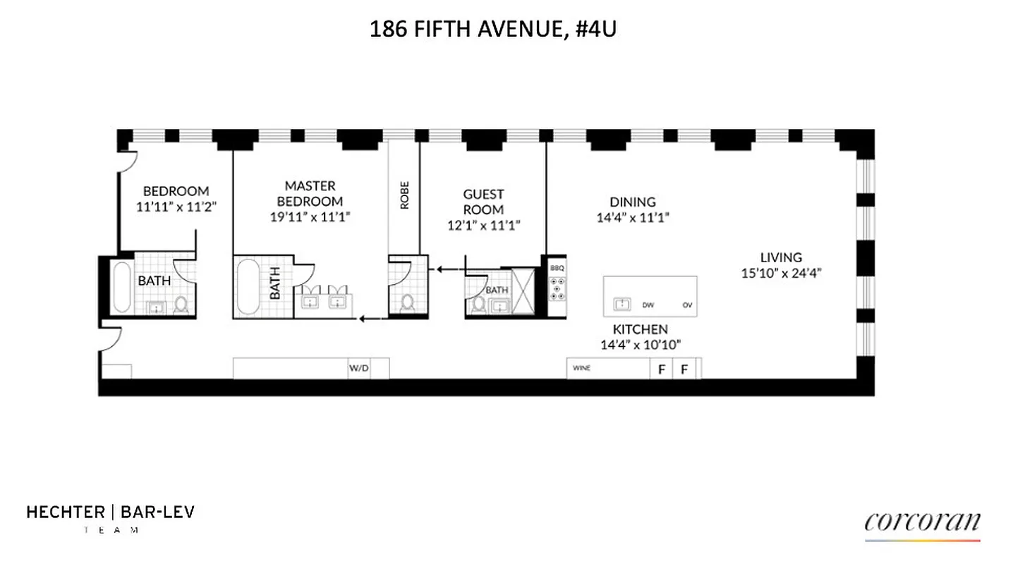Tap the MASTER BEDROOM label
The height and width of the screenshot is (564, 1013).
click(x=310, y=193)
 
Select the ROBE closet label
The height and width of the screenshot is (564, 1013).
click(x=404, y=195)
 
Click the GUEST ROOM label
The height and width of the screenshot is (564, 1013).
click(x=483, y=202)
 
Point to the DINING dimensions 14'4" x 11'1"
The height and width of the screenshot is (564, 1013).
click(x=633, y=218)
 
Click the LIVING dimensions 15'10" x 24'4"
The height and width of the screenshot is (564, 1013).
click(x=780, y=274)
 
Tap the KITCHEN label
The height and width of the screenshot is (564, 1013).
click(x=640, y=329)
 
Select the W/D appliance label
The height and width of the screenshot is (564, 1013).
click(x=358, y=368)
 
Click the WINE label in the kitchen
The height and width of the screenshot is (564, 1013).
click(x=581, y=368)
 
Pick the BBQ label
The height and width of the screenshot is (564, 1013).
click(x=557, y=269)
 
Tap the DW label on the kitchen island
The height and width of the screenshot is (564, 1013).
click(x=648, y=305)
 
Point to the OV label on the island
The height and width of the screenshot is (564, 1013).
click(x=686, y=305)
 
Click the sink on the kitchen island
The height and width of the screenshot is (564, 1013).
click(x=622, y=304)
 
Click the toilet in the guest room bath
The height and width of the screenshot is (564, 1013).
click(x=479, y=305)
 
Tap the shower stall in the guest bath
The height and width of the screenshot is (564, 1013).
click(x=525, y=290)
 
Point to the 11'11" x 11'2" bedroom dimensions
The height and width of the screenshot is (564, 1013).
click(x=175, y=207)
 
